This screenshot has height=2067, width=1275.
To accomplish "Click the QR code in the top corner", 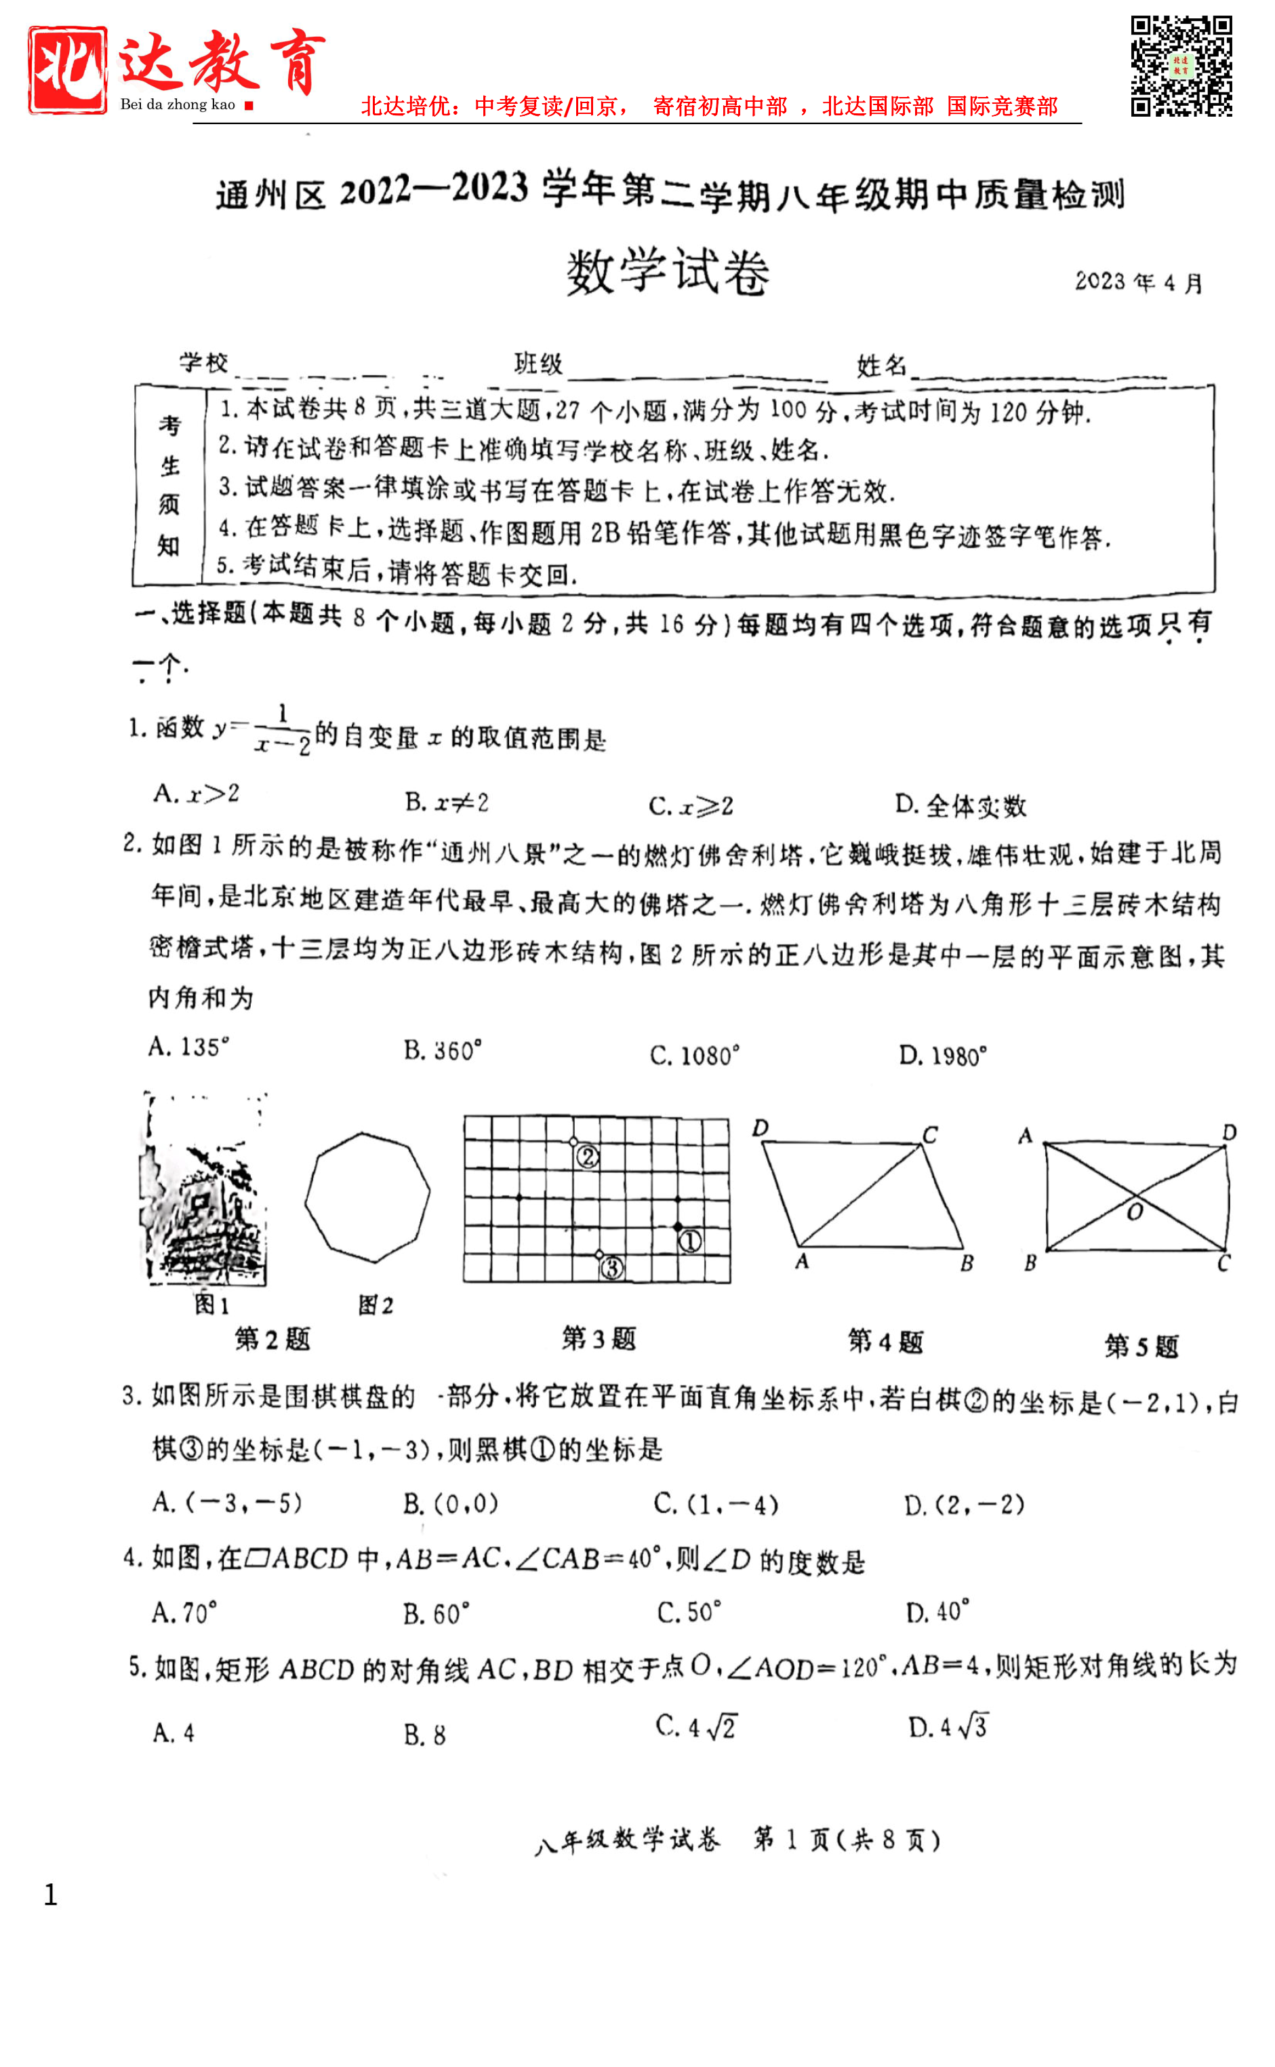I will [1181, 66].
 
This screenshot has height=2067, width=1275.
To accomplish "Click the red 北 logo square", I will [68, 70].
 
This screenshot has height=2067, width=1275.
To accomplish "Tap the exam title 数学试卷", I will [667, 273].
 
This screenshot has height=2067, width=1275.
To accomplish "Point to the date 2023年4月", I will [1138, 282].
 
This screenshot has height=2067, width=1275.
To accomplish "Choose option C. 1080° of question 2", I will [694, 1056].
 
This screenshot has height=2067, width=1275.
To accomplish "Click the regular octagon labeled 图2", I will [367, 1197].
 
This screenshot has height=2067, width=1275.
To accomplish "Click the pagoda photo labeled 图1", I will [205, 1190].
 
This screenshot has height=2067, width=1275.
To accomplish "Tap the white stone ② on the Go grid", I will [573, 1142].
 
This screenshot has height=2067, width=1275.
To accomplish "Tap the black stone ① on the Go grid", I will [678, 1226].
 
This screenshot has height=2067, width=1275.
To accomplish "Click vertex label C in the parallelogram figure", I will [929, 1135].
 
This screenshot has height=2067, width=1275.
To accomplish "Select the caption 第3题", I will [599, 1338].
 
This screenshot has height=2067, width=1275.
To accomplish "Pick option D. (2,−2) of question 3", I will [964, 1504].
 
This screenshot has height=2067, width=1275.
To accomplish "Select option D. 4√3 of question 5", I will [947, 1726].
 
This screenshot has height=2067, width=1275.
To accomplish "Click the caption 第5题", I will [1141, 1346].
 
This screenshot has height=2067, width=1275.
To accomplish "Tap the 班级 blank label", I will [538, 364].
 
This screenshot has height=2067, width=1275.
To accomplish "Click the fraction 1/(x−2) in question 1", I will [283, 730].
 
